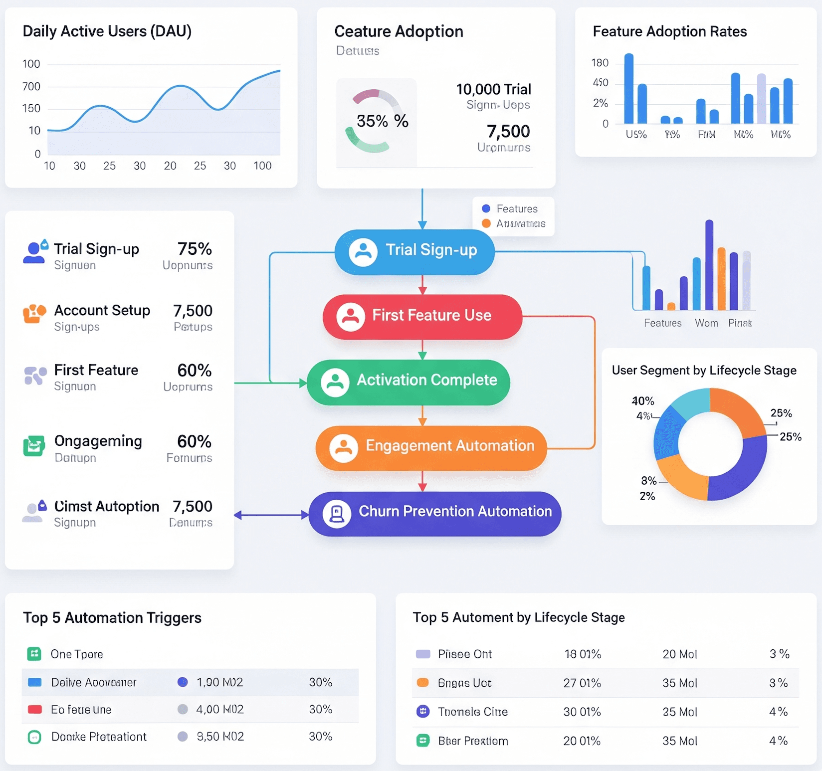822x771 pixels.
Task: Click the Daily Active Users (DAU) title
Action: click(x=107, y=31)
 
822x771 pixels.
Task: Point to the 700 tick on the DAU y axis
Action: click(x=31, y=87)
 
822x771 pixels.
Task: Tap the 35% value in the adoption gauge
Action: click(x=372, y=121)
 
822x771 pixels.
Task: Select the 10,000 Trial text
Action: click(x=493, y=90)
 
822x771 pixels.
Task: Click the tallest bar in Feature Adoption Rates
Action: click(x=629, y=88)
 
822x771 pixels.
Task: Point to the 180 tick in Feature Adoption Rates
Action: click(x=600, y=63)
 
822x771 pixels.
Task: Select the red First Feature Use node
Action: click(x=422, y=316)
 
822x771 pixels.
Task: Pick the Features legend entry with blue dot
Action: click(x=510, y=209)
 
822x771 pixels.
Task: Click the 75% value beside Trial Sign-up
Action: click(x=195, y=249)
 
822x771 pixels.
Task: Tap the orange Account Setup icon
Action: click(x=34, y=314)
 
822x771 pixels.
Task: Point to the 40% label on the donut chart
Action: click(x=642, y=401)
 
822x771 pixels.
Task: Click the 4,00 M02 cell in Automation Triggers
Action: click(x=219, y=709)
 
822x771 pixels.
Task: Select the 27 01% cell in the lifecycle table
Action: click(x=582, y=683)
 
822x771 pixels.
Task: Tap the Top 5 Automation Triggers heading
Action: click(x=112, y=618)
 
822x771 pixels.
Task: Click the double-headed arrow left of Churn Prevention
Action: click(x=271, y=515)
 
